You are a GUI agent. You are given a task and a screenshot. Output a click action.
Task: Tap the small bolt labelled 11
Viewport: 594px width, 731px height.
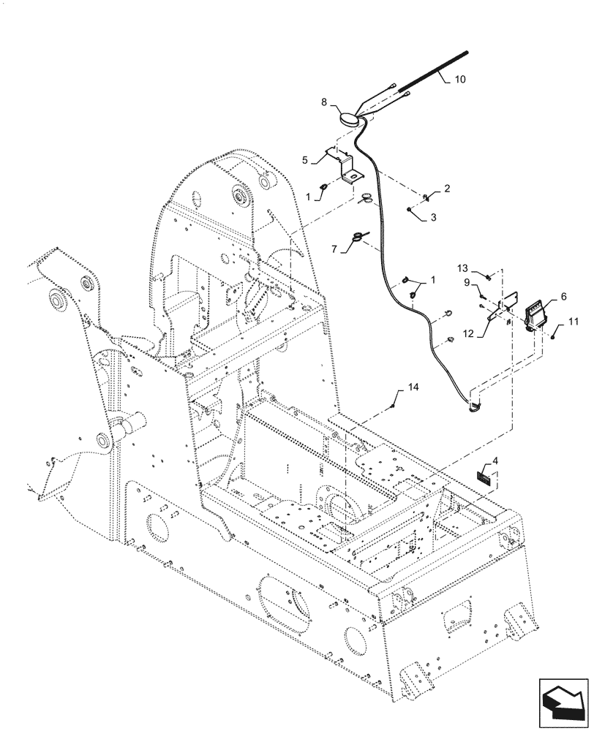[554, 336]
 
